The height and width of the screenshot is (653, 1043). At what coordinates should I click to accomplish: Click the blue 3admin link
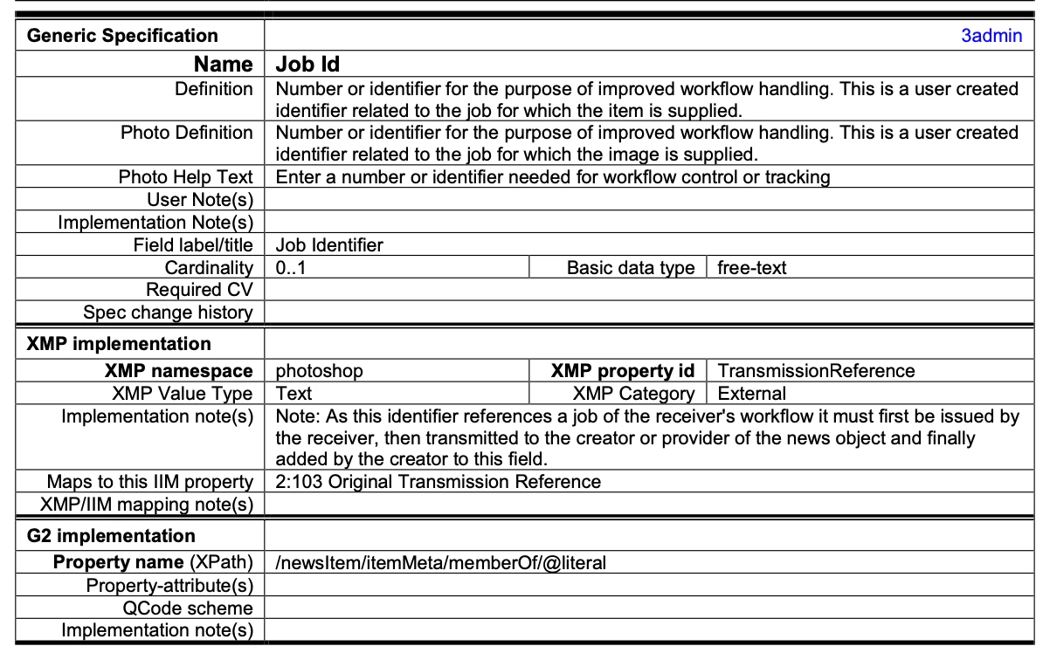[x=991, y=36]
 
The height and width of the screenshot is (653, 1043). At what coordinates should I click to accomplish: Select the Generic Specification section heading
[x=122, y=36]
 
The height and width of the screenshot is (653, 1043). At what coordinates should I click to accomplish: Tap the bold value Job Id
[x=307, y=65]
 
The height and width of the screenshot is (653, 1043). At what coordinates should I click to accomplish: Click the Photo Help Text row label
[x=185, y=177]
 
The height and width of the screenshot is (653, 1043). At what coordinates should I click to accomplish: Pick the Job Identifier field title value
[x=329, y=245]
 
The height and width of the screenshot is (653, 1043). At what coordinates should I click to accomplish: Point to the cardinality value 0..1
[x=291, y=268]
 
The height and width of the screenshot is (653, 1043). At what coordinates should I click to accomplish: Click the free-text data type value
[x=751, y=268]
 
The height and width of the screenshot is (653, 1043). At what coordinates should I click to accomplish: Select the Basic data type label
[x=631, y=268]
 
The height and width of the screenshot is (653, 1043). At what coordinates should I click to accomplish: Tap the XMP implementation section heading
[x=119, y=344]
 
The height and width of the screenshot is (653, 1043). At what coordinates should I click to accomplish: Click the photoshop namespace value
[x=319, y=371]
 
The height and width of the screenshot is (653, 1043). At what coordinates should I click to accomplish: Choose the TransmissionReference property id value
[x=816, y=371]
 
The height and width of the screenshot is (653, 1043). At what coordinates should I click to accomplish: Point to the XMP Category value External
[x=751, y=394]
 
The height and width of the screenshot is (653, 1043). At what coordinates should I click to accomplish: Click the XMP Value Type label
[x=182, y=394]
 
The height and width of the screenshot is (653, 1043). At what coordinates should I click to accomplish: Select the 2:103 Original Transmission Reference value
[x=439, y=482]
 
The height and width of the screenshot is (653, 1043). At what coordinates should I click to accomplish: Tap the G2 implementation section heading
[x=111, y=536]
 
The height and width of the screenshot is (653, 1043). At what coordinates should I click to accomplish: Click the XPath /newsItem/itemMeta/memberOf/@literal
[x=440, y=563]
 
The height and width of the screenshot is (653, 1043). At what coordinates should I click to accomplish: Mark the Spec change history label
[x=168, y=313]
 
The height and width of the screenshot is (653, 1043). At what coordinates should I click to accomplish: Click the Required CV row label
[x=199, y=290]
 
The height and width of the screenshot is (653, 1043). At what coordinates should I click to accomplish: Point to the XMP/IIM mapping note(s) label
[x=147, y=505]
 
